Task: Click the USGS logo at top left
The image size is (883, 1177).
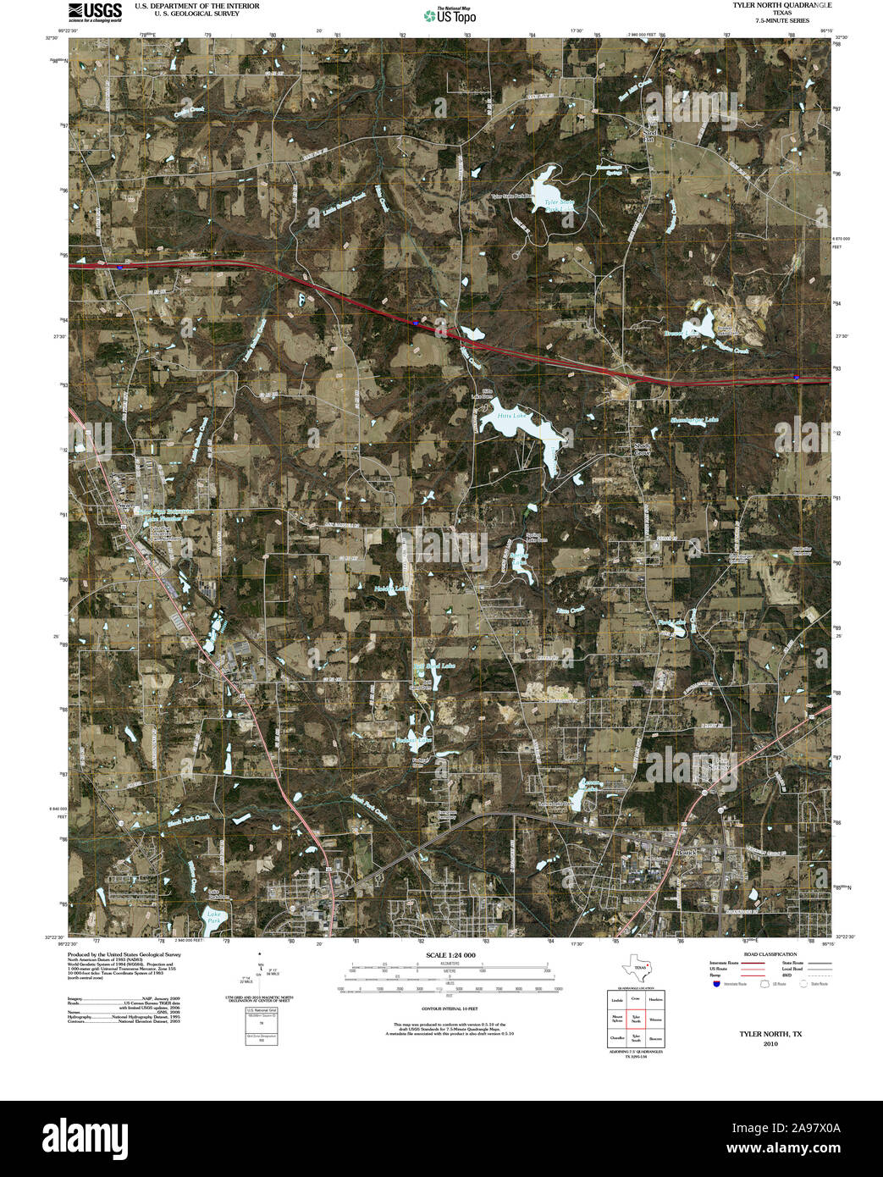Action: click(95, 11)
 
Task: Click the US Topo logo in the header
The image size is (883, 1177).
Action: click(450, 14)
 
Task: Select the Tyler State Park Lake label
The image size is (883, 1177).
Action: click(559, 206)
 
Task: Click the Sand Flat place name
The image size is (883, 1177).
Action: click(650, 135)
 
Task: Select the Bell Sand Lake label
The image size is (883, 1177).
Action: click(434, 666)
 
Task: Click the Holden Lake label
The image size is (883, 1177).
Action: click(391, 588)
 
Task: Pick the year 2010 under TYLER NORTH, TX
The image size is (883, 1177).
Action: click(770, 1043)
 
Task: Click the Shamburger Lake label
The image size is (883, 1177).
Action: click(694, 420)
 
